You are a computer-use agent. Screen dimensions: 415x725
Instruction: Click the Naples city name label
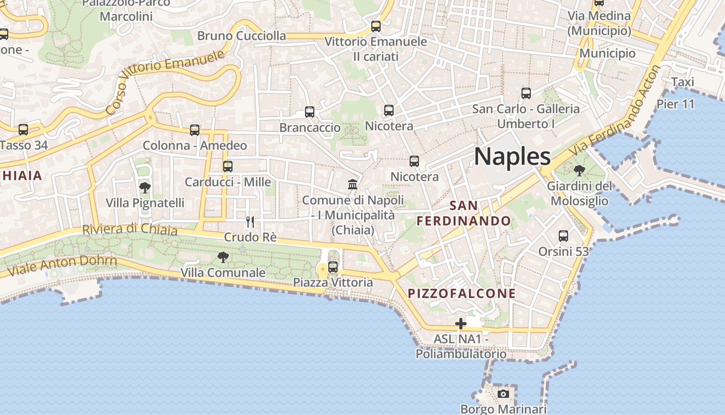pos(512,156)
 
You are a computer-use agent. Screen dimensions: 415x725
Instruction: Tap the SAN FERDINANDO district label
pos(464,213)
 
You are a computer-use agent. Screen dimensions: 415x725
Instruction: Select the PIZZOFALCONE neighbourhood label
pos(462,294)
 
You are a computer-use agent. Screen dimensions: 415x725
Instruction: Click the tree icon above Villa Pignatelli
pos(145,188)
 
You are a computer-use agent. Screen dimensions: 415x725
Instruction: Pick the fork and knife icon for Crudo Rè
pos(250,222)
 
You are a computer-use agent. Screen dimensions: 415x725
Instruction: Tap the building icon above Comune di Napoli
pos(353,184)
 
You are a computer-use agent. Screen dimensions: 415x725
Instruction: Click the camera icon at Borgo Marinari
pos(503,394)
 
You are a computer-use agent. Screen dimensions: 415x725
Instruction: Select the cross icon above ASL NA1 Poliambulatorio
pos(460,324)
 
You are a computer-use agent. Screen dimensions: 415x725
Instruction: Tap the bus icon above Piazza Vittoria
pos(333,267)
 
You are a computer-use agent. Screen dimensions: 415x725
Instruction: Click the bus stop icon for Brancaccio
pos(310,112)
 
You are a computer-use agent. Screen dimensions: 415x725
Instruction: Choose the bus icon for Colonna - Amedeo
pos(195,130)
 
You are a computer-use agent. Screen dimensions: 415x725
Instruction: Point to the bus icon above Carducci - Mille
pos(228,167)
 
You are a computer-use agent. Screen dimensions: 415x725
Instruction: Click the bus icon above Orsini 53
pos(563,236)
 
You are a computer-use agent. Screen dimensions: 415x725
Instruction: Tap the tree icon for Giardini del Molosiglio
pos(579,170)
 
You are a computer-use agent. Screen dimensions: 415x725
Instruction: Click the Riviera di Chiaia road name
pos(129,229)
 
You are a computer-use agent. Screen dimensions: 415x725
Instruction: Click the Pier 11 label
pos(675,104)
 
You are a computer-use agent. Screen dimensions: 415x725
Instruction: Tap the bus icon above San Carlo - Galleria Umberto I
pos(526,93)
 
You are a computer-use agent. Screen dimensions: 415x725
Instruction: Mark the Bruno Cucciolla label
pos(241,36)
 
